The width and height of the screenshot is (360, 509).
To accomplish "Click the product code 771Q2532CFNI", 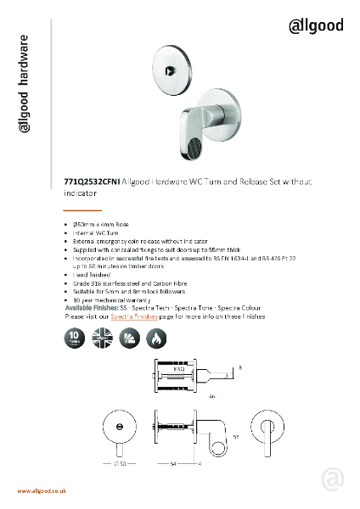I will (93, 182).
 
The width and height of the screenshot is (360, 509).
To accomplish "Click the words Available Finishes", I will (95, 308).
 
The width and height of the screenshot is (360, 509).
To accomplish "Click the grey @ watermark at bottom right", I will (332, 480).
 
